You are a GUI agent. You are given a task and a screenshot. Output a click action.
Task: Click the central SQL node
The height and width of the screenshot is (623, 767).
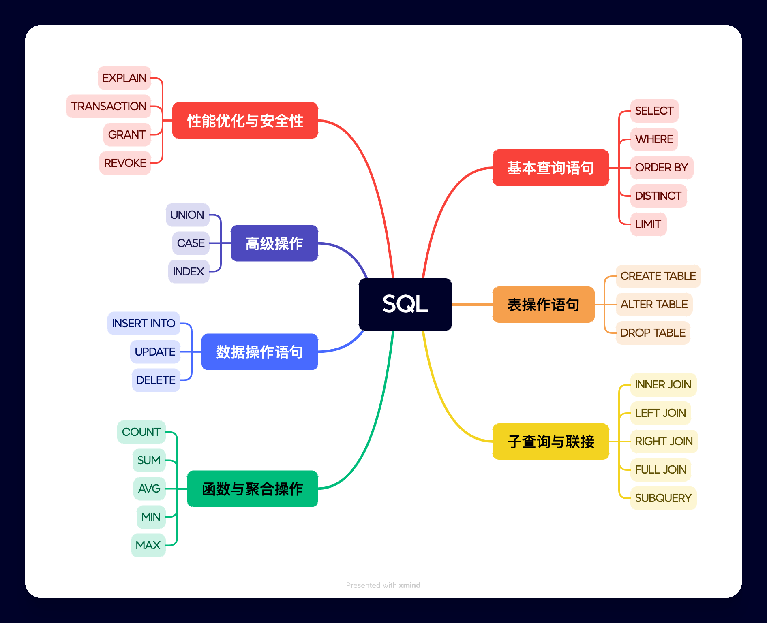[405, 304]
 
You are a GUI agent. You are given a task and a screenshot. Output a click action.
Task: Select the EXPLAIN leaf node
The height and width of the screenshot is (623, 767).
[124, 78]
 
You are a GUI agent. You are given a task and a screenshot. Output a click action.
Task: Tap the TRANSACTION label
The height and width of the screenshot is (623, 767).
[108, 106]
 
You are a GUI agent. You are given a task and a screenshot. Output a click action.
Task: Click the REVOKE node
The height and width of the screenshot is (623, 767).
[125, 163]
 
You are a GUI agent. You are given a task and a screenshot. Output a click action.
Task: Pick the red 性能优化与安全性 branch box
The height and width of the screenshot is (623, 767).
[245, 121]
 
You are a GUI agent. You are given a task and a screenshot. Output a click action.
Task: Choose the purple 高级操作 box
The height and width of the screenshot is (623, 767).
[274, 243]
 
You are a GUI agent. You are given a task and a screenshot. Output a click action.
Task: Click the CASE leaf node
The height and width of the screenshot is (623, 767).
[191, 243]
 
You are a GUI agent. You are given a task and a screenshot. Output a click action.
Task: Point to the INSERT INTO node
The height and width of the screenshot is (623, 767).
[144, 323]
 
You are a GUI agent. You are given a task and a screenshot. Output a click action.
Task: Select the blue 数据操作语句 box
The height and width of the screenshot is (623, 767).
[259, 352]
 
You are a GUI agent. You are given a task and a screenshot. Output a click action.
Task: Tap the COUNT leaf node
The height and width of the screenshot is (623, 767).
[141, 432]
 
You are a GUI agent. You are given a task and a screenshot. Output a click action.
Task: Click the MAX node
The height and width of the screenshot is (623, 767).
[148, 545]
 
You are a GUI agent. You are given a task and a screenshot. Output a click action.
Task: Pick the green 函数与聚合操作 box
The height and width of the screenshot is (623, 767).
[252, 489]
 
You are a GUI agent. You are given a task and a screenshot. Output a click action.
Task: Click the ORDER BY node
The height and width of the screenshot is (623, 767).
[661, 167]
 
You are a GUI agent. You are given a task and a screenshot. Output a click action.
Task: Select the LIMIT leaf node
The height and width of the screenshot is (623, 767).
[648, 224]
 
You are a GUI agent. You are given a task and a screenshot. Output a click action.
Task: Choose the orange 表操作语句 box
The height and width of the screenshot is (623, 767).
[543, 305]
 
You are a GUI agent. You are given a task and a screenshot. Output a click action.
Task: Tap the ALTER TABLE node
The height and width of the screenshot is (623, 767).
[654, 304]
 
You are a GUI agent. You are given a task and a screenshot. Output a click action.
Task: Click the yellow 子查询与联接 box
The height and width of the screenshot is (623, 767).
[551, 442]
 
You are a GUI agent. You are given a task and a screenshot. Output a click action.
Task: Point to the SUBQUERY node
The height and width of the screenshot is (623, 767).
[663, 498]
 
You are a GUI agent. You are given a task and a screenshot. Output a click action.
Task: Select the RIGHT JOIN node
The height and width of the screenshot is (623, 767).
[664, 441]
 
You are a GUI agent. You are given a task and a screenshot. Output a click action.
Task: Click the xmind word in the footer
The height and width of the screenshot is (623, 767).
[409, 585]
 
